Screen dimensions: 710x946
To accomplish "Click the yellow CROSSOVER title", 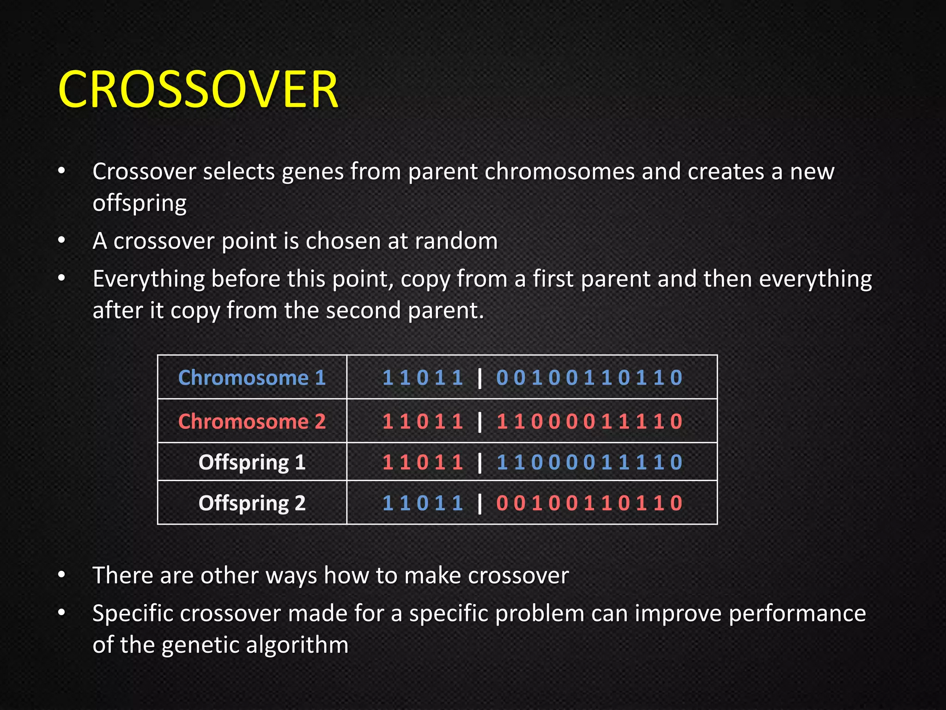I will [199, 89].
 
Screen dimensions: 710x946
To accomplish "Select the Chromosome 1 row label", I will [252, 378].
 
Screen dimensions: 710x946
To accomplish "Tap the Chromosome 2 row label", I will [252, 421].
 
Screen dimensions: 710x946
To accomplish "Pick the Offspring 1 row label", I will [252, 462].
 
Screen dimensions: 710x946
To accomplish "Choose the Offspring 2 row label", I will [252, 503].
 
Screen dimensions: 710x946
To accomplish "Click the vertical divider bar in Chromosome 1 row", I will [480, 378].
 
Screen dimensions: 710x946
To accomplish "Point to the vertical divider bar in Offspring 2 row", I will [480, 503].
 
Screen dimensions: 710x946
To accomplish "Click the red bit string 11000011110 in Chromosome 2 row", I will [589, 422].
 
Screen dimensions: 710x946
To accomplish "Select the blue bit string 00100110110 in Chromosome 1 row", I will [589, 378].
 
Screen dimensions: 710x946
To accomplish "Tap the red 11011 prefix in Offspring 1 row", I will [423, 462].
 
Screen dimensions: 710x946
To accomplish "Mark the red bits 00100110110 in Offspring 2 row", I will [589, 503].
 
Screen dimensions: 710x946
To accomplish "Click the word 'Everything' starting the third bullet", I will [149, 280].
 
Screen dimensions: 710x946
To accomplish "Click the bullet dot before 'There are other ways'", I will [61, 575].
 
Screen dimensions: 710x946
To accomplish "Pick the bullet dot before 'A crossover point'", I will [61, 241].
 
